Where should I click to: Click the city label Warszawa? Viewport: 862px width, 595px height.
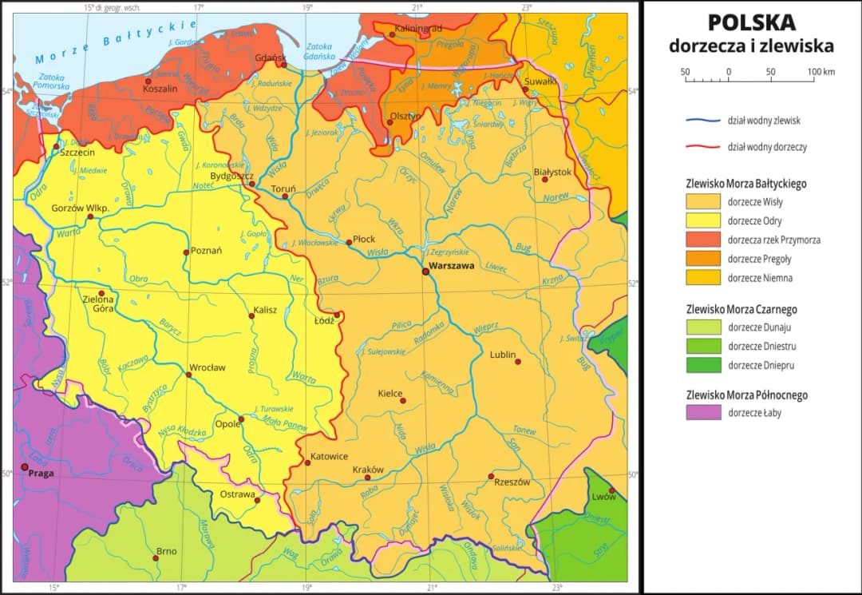pyautogui.click(x=451, y=264)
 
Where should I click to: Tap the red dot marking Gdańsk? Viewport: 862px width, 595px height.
pyautogui.click(x=283, y=65)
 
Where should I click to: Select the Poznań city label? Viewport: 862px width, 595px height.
pyautogui.click(x=206, y=251)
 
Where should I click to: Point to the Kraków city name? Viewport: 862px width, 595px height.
pyautogui.click(x=368, y=469)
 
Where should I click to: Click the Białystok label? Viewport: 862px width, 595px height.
pyautogui.click(x=552, y=172)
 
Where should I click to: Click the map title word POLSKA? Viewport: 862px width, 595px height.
pyautogui.click(x=751, y=22)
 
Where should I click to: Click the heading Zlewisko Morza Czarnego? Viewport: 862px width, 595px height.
pyautogui.click(x=741, y=309)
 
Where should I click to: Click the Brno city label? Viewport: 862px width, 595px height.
pyautogui.click(x=166, y=550)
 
